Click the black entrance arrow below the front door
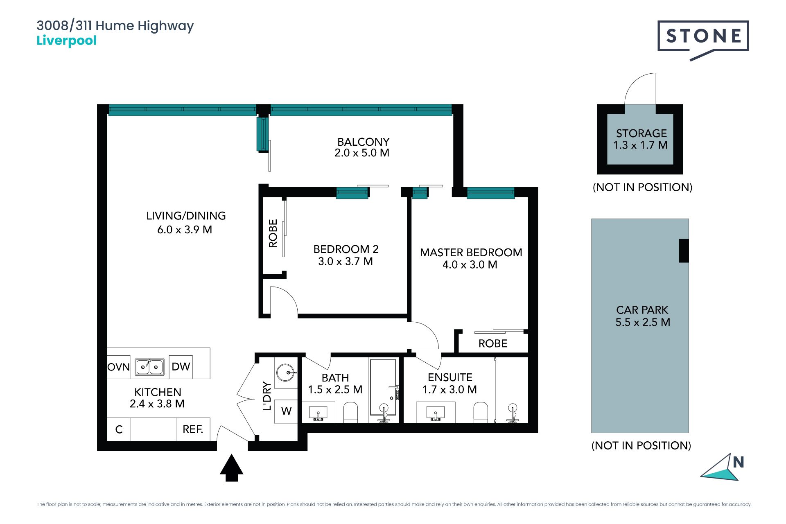point(232,468)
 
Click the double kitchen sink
point(150,367)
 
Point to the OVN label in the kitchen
point(118,367)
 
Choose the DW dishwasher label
point(181,366)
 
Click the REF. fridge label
point(193,429)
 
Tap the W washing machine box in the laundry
point(286,411)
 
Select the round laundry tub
point(286,373)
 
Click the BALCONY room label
point(363,142)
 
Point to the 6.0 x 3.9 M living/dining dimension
point(185,230)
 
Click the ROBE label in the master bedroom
point(493,343)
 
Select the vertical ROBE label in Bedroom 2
point(273,233)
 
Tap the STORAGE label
point(641,133)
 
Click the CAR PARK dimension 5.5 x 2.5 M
point(643,322)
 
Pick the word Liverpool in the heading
point(66,41)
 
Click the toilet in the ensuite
point(481,412)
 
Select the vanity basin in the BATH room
point(318,412)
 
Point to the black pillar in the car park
point(684,251)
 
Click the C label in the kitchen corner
point(119,429)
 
